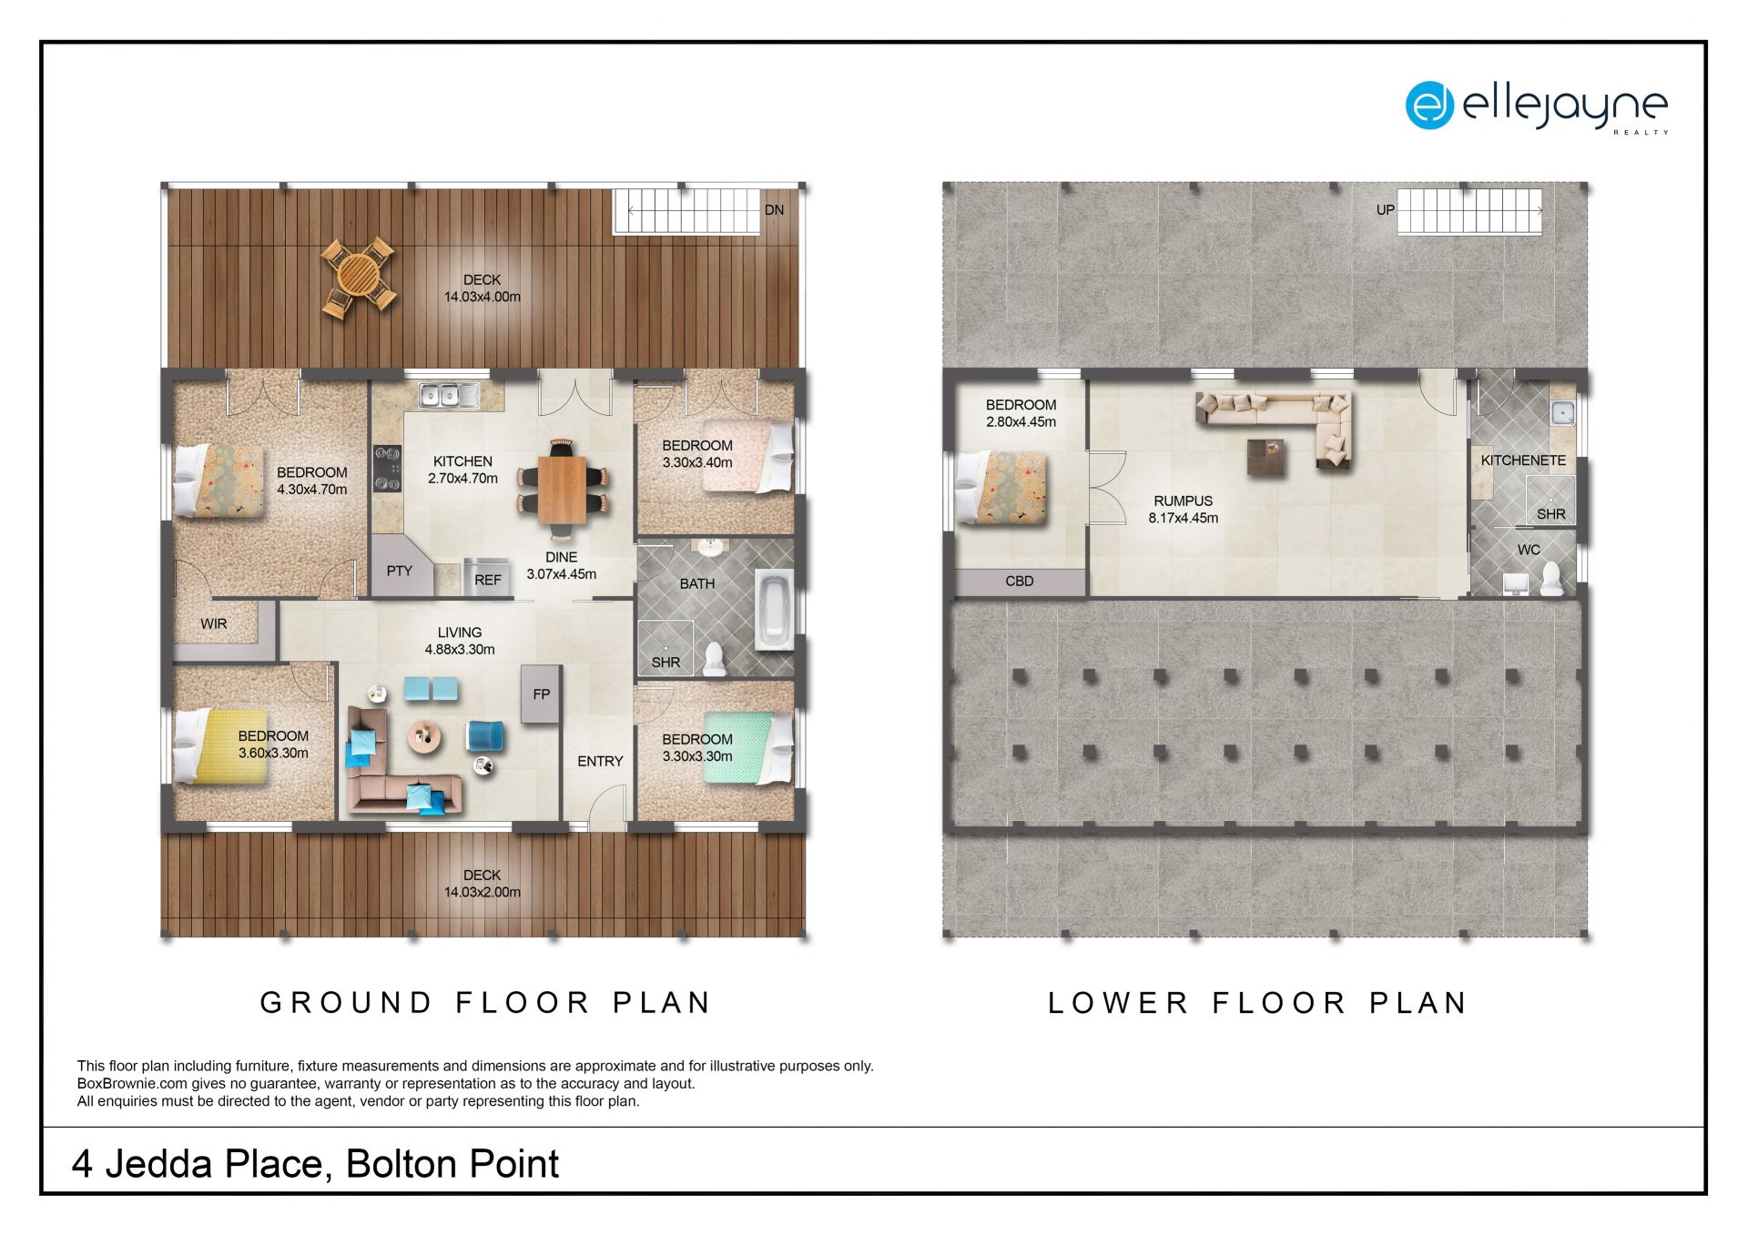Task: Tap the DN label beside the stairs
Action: tap(774, 210)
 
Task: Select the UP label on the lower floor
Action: tap(1385, 210)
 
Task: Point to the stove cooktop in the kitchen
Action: tap(387, 468)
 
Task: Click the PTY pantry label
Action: tap(399, 572)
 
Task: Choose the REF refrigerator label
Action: tap(488, 580)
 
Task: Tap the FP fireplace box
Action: tap(541, 694)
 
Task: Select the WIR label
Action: tap(214, 624)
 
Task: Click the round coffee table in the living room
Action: tap(422, 736)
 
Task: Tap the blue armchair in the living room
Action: tap(485, 736)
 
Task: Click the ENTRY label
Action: tap(600, 762)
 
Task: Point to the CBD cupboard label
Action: tap(1020, 582)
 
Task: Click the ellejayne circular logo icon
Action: tap(1429, 106)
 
